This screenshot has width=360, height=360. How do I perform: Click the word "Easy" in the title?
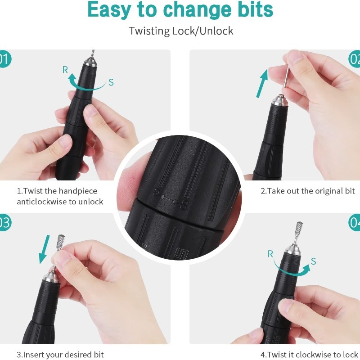click(x=109, y=10)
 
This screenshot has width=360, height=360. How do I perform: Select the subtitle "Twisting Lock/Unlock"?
click(x=181, y=31)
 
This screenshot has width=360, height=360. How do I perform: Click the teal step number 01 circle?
click(x=4, y=59)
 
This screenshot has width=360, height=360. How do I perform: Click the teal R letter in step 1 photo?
click(x=65, y=70)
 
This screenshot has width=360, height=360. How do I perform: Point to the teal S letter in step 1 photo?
click(x=111, y=82)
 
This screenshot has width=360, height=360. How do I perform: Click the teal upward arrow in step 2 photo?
click(x=262, y=83)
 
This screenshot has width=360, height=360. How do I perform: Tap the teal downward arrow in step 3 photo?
click(x=44, y=249)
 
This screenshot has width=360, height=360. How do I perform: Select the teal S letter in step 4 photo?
click(x=314, y=261)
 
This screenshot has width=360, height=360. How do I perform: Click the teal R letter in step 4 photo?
click(x=270, y=254)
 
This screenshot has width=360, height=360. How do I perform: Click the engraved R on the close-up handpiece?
click(x=156, y=193)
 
